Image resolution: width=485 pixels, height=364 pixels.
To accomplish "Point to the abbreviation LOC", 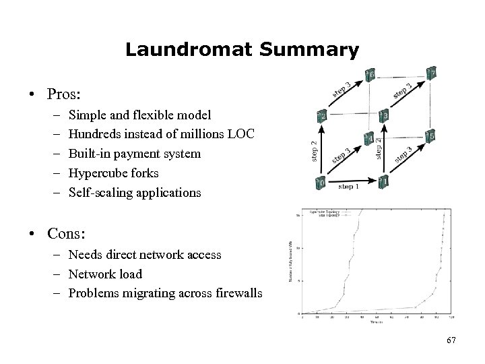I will [240, 134].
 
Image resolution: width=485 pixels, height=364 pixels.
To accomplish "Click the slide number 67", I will [451, 340].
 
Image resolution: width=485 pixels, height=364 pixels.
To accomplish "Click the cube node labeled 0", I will [321, 182].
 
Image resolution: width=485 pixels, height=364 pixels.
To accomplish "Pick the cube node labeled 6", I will [370, 74].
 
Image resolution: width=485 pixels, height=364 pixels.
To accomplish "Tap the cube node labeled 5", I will [430, 135].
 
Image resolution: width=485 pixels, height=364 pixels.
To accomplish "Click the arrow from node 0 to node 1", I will [351, 181].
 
